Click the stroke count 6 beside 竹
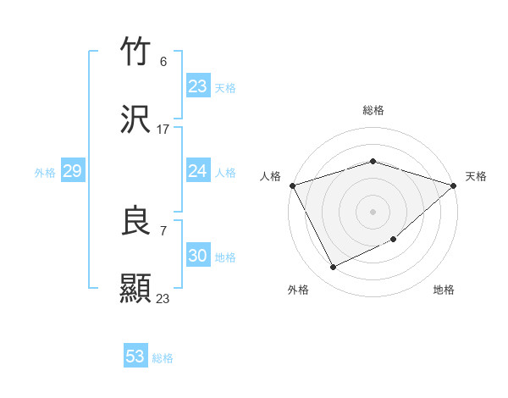(x=163, y=62)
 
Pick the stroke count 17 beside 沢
(x=163, y=130)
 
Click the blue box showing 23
(x=198, y=86)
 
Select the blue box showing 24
(x=198, y=171)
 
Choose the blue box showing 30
(x=198, y=256)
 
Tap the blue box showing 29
(x=72, y=171)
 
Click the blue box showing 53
(x=135, y=357)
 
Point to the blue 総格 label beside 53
(x=163, y=358)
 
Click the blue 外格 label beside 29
(x=45, y=173)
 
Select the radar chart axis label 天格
(x=476, y=176)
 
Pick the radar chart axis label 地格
(x=444, y=290)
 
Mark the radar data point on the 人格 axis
(x=292, y=185)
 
